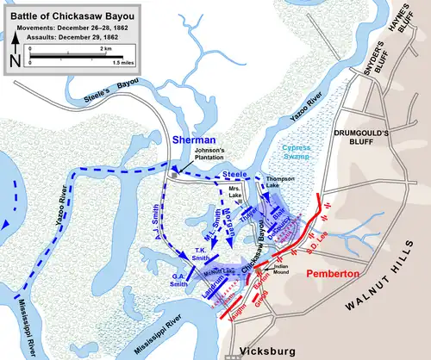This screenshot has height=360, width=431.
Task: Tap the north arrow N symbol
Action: point(12,60)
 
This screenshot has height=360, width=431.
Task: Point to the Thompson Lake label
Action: point(279,184)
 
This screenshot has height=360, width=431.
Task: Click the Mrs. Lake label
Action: point(234,196)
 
